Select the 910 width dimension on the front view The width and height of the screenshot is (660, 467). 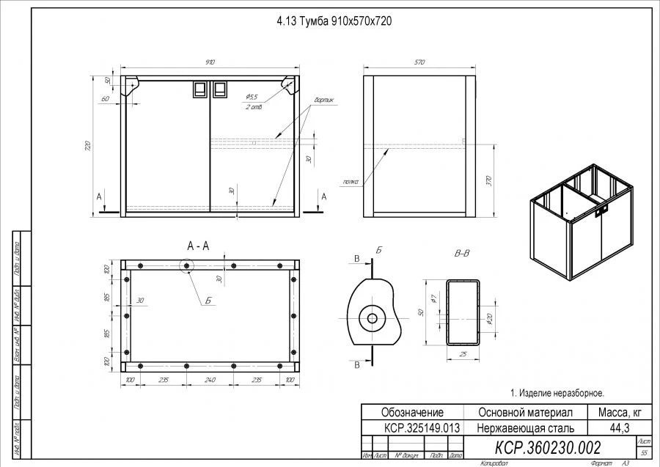210,63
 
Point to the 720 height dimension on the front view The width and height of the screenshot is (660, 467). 89,145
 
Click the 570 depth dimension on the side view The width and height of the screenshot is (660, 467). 419,63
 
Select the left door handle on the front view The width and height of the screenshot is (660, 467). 199,89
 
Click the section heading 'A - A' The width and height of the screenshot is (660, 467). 198,246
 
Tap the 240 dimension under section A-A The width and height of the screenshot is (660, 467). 210,380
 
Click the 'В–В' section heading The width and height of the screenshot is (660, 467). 462,254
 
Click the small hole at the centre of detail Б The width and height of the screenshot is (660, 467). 372,318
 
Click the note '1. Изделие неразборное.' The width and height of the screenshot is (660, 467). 557,393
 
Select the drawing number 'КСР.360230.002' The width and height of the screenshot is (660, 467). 548,447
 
